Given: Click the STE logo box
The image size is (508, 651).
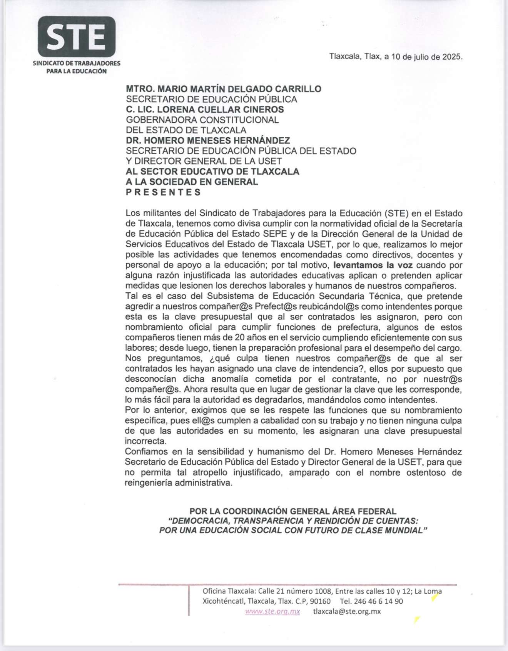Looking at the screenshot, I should tap(77, 37).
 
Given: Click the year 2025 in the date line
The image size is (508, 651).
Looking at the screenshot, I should tap(452, 57).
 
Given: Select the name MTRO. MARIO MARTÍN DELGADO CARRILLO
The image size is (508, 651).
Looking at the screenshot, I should tap(224, 89).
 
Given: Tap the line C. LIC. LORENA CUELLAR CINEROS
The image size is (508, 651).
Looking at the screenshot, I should tap(205, 110).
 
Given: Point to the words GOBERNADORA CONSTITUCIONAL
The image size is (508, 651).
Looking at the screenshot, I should tap(202, 120).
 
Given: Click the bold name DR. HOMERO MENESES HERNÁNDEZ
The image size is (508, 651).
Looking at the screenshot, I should tap(208, 141).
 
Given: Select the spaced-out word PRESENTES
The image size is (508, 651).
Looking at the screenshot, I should tap(164, 192).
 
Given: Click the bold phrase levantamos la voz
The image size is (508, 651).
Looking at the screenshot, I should tap(373, 265).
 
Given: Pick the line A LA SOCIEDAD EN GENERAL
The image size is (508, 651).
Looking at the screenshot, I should tap(192, 182).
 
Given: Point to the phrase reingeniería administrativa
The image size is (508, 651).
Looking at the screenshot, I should tap(179, 483).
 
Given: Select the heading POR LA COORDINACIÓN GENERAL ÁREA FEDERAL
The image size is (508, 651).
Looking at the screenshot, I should tap(292, 511).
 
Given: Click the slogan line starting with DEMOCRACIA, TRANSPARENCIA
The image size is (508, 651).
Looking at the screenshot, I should tap(293, 521).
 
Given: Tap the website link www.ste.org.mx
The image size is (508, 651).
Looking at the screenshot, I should tap(272, 611).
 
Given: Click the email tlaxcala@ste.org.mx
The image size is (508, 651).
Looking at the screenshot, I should tap(347, 611).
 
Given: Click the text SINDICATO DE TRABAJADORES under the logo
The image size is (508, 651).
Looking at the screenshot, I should tap(77, 63).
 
